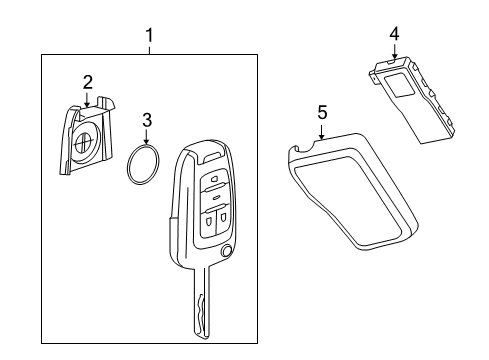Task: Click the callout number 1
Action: point(149,38)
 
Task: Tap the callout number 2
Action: point(88,81)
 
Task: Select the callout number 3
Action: point(146,121)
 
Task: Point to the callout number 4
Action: point(394,34)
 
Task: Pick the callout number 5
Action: point(322,113)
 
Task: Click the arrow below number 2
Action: point(88,101)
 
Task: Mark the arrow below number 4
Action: point(394,54)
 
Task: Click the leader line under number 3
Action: point(146,138)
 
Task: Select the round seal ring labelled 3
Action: point(146,165)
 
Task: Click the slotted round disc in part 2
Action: point(84,146)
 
